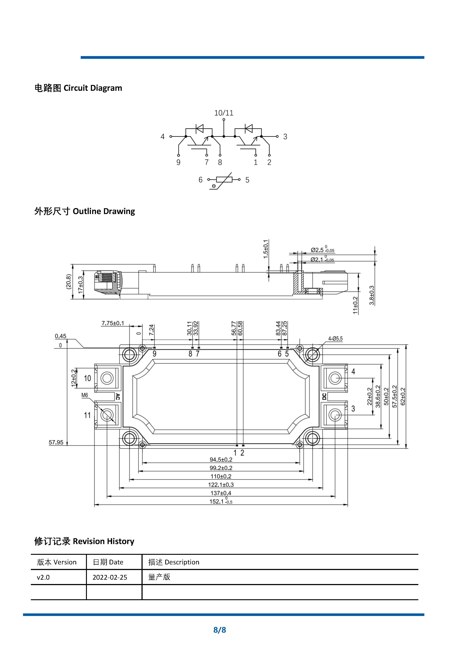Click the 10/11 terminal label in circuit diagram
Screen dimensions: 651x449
(224, 113)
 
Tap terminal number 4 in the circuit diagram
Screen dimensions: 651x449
(162, 137)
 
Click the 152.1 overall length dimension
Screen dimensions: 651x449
(221, 502)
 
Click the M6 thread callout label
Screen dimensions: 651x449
(85, 395)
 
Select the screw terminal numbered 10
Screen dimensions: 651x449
(107, 378)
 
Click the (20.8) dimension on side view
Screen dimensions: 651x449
(69, 281)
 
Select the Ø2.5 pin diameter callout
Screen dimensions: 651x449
(322, 250)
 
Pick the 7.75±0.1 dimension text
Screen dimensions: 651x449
(112, 323)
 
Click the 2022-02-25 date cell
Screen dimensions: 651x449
(110, 577)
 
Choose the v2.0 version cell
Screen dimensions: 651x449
(43, 577)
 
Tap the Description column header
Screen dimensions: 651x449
(174, 562)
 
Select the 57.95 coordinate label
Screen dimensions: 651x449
(56, 442)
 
